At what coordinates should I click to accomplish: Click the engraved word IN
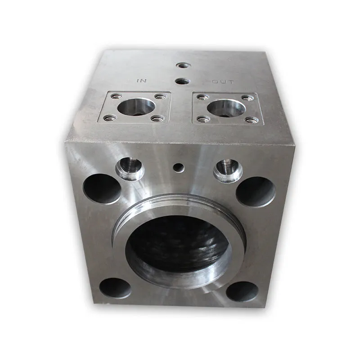coord(142,81)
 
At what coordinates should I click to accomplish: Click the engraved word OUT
coord(223,81)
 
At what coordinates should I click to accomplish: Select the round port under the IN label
coord(136,107)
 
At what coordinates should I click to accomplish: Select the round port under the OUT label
coord(226,108)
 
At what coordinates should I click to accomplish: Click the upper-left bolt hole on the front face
coord(102,189)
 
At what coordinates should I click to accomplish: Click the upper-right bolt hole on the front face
coord(256,192)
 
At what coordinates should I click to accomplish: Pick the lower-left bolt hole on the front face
coord(115,288)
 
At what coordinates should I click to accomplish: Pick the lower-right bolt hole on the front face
coord(242,292)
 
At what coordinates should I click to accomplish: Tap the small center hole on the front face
coord(179,167)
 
